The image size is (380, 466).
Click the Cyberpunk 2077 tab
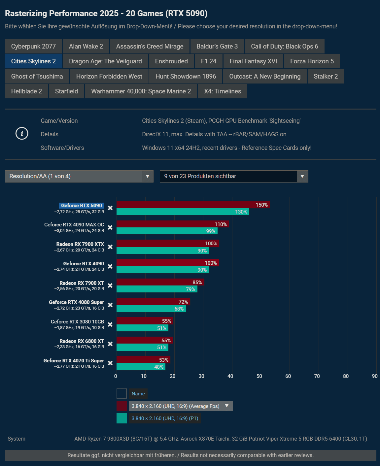[x=33, y=47]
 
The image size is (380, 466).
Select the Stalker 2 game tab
[x=326, y=77]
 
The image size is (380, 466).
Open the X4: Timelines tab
[x=222, y=91]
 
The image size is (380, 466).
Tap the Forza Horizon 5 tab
[x=312, y=61]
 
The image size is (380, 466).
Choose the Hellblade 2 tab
[x=26, y=91]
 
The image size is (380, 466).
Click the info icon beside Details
[x=22, y=133]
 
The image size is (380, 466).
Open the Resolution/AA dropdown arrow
[x=148, y=177]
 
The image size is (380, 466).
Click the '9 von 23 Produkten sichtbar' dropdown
[x=234, y=177]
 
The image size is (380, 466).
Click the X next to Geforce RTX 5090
[x=110, y=208]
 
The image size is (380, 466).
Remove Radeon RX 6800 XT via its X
[x=110, y=344]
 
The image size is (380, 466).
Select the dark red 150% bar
[x=193, y=205]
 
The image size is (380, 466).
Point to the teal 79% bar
[x=157, y=289]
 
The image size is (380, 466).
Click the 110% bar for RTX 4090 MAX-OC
[x=172, y=224]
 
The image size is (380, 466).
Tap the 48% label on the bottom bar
[x=159, y=367]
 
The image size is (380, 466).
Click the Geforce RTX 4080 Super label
[x=76, y=302]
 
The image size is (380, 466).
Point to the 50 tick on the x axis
[x=259, y=376]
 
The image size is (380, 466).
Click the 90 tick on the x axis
[x=375, y=376]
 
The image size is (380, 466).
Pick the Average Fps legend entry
[x=175, y=406]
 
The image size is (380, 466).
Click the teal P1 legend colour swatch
[x=121, y=418]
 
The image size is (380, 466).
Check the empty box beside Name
[x=121, y=394]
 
